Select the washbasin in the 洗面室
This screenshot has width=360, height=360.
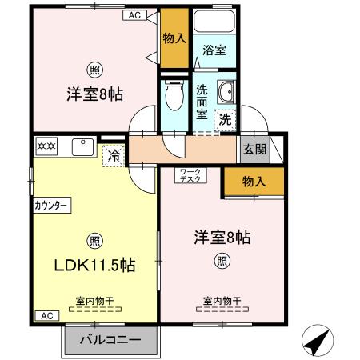[x=224, y=93]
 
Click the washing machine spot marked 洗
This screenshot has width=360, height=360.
[x=226, y=119]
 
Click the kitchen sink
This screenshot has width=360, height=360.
[x=82, y=147]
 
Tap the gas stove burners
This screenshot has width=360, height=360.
[x=46, y=147]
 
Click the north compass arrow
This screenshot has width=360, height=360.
[x=317, y=342]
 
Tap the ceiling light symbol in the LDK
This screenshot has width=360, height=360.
[x=94, y=239]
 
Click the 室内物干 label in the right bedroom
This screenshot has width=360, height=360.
[x=222, y=301]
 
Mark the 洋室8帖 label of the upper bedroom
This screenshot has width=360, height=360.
[x=94, y=94]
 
